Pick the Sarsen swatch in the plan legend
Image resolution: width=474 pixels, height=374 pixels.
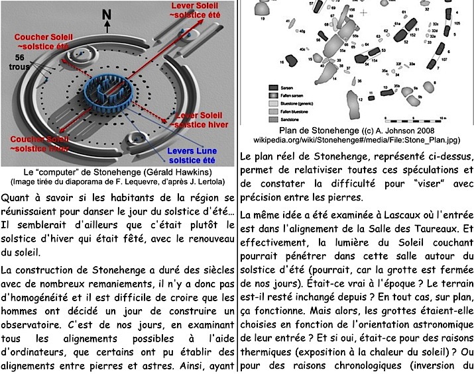(x=273, y=87)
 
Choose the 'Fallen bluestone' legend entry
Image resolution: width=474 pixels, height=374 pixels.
(x=273, y=112)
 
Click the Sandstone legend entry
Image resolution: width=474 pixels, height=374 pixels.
(x=273, y=120)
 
